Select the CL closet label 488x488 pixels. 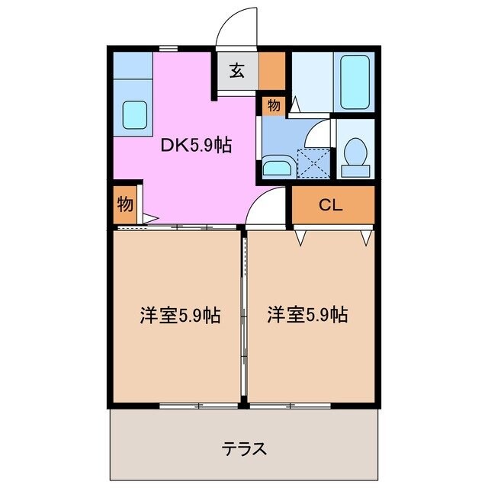tap(330, 204)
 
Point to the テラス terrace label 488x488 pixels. tap(244, 448)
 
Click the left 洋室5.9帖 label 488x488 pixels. tap(180, 314)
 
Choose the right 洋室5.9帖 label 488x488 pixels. tap(307, 314)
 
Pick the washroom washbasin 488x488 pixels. tap(275, 168)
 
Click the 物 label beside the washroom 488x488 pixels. tap(274, 104)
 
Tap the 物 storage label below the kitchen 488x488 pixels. tap(124, 204)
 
